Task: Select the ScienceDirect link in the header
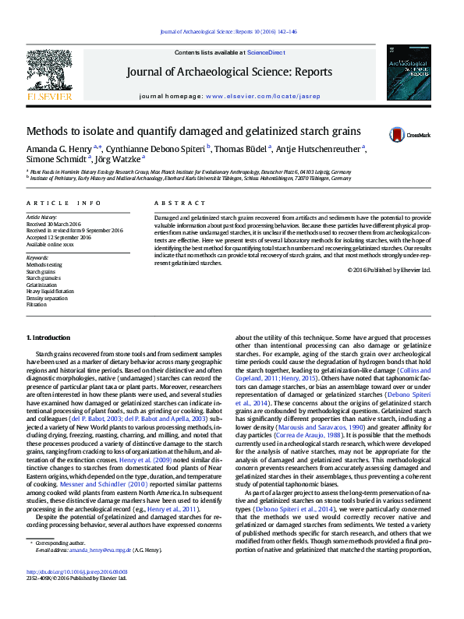[x=264, y=52]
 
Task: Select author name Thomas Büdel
[x=242, y=148]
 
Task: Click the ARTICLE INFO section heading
[x=64, y=203]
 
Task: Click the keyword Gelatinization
[x=41, y=285]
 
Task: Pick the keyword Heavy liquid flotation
[x=51, y=292]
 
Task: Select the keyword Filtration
[x=37, y=304]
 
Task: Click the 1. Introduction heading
[x=48, y=338]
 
